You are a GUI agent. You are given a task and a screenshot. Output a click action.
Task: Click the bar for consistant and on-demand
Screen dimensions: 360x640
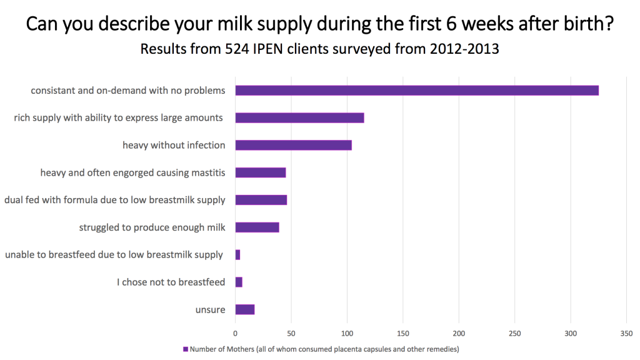(x=416, y=91)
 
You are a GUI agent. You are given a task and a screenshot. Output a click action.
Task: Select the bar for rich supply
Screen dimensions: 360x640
(x=299, y=117)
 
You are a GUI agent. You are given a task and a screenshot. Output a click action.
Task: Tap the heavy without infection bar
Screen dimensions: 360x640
(x=293, y=145)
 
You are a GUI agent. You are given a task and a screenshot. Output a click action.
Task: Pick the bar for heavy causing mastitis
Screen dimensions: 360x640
(x=260, y=172)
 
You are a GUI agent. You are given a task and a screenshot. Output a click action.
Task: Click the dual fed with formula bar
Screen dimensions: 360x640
(x=261, y=200)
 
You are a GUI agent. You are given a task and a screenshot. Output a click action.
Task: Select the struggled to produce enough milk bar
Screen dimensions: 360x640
(x=257, y=227)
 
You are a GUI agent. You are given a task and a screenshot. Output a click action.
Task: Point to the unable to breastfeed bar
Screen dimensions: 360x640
(x=237, y=255)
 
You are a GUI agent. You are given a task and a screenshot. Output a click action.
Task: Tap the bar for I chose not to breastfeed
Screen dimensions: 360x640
(x=239, y=282)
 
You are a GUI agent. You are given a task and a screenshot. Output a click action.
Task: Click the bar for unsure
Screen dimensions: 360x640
(x=245, y=309)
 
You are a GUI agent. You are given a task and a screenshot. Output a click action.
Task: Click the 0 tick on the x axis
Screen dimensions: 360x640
(x=235, y=333)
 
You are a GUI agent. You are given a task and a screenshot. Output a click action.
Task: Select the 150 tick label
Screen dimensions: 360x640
(x=403, y=333)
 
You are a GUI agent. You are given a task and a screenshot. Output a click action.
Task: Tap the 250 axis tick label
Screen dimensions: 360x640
(x=515, y=333)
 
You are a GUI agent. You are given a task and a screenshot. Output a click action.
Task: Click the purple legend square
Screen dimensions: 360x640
(x=185, y=349)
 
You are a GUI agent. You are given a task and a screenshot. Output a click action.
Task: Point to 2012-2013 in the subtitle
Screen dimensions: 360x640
(x=464, y=49)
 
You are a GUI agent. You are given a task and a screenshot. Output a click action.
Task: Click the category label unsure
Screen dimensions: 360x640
(x=210, y=310)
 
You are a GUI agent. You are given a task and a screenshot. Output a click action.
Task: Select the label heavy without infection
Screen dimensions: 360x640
(x=174, y=145)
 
